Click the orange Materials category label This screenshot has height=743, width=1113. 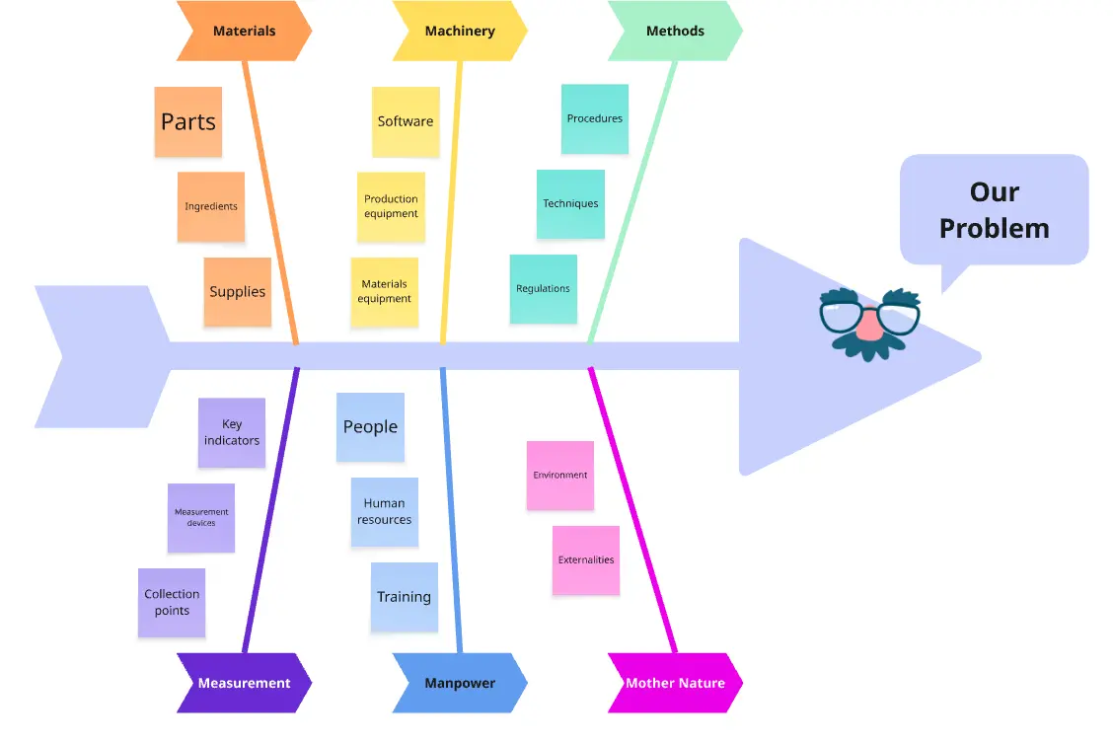[x=244, y=31]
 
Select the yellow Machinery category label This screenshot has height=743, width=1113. [x=460, y=31]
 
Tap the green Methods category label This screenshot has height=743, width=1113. [x=675, y=31]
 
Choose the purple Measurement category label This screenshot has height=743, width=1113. [x=244, y=683]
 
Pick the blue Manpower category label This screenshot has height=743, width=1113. [x=460, y=683]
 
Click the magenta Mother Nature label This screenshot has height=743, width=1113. [x=675, y=683]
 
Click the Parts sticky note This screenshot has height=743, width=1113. [x=188, y=121]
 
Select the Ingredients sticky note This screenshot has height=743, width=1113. [x=211, y=207]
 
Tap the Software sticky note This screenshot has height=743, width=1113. [x=406, y=121]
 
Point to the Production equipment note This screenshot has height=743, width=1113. [x=391, y=207]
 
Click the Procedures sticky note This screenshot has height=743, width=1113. [x=595, y=118]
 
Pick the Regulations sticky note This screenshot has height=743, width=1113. [x=543, y=289]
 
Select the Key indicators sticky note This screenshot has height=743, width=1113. [x=232, y=432]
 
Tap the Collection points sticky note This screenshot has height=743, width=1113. [x=172, y=602]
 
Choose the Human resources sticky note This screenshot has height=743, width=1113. [x=385, y=511]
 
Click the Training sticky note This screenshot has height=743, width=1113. [x=404, y=597]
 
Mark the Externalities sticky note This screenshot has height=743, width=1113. [x=586, y=559]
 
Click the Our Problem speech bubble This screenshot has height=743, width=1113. [x=994, y=210]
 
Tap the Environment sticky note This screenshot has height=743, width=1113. [x=560, y=475]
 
